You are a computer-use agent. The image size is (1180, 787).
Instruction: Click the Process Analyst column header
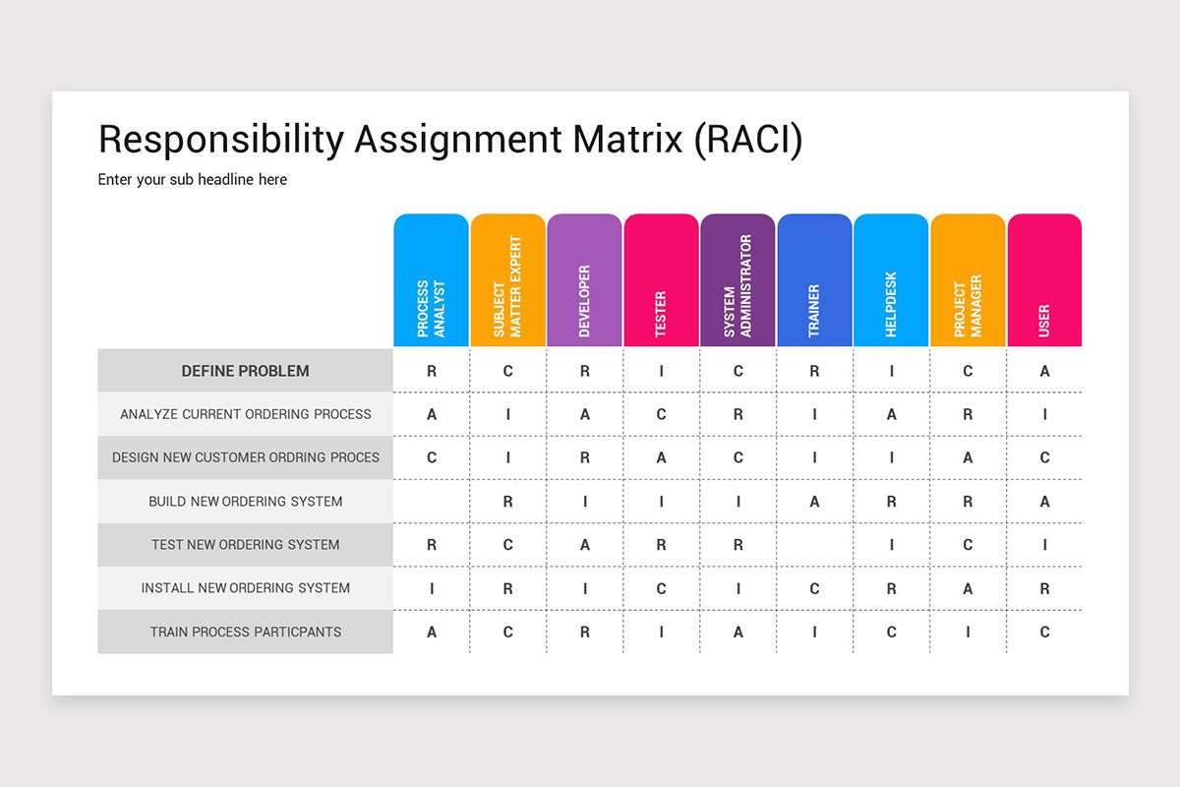point(431,280)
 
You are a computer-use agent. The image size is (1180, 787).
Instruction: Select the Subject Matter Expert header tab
point(507,280)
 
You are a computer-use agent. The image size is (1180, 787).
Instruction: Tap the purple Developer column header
point(584,280)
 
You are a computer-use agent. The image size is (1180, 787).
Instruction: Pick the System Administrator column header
point(737,280)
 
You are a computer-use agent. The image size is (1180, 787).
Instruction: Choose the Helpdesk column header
point(891,280)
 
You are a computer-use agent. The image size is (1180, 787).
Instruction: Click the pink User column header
point(1044,280)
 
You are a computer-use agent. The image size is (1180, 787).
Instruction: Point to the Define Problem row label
point(245,371)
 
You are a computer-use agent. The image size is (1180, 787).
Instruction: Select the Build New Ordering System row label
point(245,502)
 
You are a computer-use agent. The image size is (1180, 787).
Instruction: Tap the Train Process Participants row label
point(245,632)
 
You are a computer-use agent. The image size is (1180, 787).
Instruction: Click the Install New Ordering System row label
point(245,588)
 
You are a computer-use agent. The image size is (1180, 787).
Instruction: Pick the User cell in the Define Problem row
point(1044,371)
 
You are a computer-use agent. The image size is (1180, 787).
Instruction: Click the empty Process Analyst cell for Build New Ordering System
point(431,502)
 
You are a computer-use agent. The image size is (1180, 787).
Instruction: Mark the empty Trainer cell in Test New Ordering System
point(814,545)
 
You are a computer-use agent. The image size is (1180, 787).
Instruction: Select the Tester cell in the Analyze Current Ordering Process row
point(661,414)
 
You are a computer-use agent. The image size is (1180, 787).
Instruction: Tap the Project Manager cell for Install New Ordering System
point(968,588)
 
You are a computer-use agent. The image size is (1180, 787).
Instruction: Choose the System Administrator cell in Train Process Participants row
point(737,632)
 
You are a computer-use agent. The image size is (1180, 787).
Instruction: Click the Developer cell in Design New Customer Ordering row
point(584,457)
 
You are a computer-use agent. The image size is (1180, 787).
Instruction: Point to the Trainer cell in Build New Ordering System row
point(814,502)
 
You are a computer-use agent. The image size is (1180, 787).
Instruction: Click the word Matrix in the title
point(629,140)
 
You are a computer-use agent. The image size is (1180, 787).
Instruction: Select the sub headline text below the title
point(193,180)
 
